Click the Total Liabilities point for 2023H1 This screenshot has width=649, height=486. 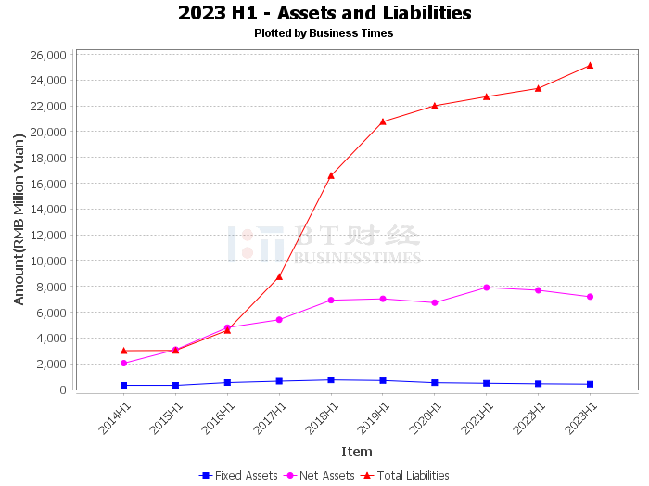(x=590, y=66)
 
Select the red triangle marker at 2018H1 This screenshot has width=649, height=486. (x=331, y=176)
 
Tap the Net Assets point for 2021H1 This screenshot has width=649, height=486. (x=487, y=288)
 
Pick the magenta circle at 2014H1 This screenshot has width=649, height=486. (x=123, y=363)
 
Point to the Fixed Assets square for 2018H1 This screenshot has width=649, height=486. (x=331, y=379)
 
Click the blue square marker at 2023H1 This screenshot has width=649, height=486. (x=590, y=384)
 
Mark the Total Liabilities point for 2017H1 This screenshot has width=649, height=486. (x=279, y=276)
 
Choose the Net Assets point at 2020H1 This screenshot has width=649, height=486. (x=435, y=302)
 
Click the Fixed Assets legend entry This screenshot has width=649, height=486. (x=238, y=475)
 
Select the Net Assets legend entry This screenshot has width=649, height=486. (x=319, y=475)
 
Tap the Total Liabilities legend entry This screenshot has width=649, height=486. (x=405, y=475)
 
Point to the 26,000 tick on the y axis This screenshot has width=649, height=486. (x=48, y=55)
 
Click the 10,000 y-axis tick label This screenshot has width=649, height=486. (x=48, y=261)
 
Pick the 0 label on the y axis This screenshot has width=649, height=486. (x=63, y=390)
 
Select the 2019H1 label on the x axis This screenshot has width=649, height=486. (x=373, y=418)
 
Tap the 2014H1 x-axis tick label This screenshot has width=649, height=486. (x=114, y=418)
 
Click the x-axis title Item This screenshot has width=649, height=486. (x=357, y=452)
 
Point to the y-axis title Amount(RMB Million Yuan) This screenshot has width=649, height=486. (x=19, y=220)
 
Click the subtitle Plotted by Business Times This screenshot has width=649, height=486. (x=324, y=33)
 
